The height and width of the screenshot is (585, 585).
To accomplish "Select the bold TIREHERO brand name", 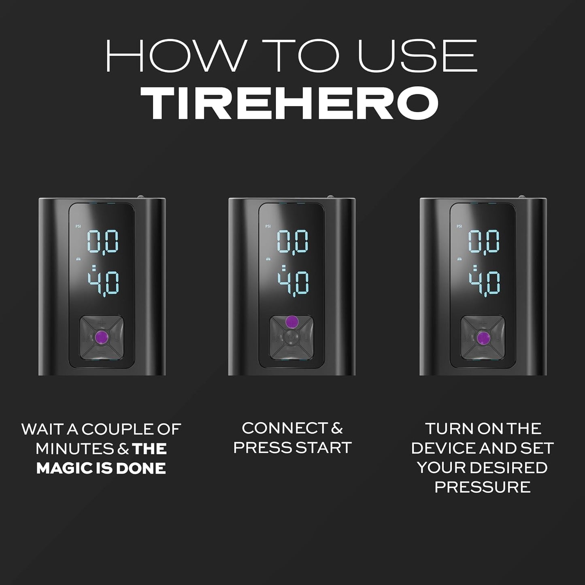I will point(292,101).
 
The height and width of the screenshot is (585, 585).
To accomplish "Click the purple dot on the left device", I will point(102,336).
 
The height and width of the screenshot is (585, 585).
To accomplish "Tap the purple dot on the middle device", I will point(291,322).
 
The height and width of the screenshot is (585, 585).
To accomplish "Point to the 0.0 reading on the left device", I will point(103,242).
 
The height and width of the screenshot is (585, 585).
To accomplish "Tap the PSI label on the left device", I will point(78,227).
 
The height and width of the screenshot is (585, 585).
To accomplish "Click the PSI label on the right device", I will point(459,227).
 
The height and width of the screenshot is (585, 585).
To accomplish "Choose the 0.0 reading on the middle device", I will point(293,242).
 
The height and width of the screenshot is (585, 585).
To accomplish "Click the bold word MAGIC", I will point(61,468).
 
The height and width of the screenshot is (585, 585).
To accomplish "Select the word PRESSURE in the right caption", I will point(482,487).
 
